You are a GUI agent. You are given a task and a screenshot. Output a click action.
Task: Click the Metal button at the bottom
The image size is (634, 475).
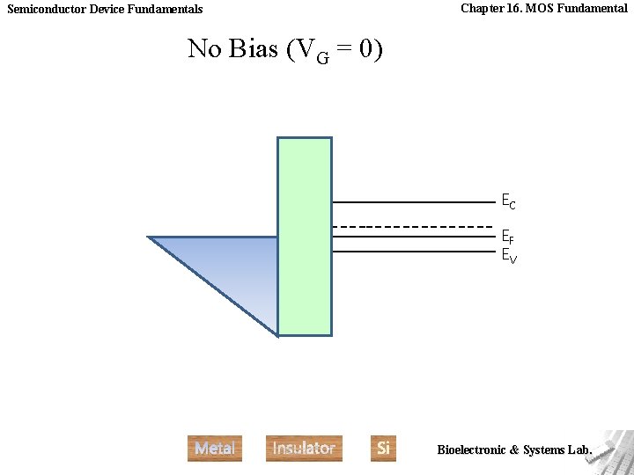[x=215, y=448]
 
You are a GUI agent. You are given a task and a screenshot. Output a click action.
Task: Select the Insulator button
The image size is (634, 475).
[x=304, y=448]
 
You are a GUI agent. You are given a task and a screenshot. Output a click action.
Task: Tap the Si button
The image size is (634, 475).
[x=383, y=448]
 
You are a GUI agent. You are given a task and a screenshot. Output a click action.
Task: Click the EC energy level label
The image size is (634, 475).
[x=508, y=202]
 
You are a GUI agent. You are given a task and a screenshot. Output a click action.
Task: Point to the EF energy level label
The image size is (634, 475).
[x=508, y=237]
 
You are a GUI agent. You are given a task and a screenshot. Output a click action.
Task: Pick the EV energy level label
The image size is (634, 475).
[x=508, y=256]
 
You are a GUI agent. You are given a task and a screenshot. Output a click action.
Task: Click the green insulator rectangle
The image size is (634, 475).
[x=305, y=236]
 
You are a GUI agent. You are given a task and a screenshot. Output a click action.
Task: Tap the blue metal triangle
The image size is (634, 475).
[x=238, y=264]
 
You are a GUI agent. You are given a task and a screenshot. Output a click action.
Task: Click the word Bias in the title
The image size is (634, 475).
[x=254, y=49]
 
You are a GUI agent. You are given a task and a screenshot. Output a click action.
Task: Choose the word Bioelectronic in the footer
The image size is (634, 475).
[x=471, y=449]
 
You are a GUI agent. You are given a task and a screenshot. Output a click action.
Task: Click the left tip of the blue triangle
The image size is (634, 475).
[x=151, y=237]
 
